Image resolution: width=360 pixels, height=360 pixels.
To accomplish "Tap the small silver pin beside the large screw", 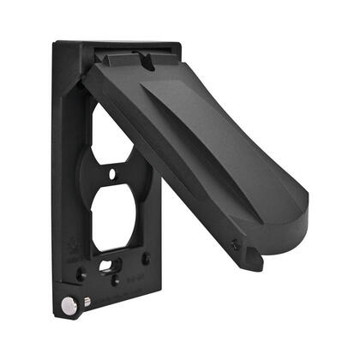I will [87, 300].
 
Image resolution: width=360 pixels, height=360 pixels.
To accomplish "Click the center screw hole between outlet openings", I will [112, 174].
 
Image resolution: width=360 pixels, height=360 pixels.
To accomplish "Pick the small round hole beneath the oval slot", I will [115, 279].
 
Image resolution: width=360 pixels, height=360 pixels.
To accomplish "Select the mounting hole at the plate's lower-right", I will [147, 258].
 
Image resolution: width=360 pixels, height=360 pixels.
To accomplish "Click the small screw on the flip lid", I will [236, 244].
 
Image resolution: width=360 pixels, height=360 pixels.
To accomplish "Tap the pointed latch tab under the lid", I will [254, 257].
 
